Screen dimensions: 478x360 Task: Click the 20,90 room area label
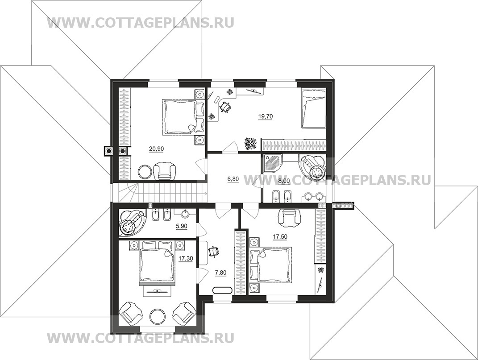pyautogui.click(x=156, y=149)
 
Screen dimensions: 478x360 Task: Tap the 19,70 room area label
pyautogui.click(x=265, y=116)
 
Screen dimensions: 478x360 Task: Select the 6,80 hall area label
pyautogui.click(x=233, y=179)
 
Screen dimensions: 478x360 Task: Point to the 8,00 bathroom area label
pyautogui.click(x=284, y=181)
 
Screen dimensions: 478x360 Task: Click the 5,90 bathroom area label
pyautogui.click(x=181, y=226)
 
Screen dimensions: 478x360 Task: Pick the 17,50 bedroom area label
pyautogui.click(x=280, y=236)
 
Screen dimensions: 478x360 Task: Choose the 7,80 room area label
pyautogui.click(x=221, y=273)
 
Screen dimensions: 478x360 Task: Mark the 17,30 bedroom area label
pyautogui.click(x=186, y=259)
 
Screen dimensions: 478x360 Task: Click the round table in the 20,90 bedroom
pyautogui.click(x=145, y=172)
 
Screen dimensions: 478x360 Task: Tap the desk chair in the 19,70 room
pyautogui.click(x=226, y=107)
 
